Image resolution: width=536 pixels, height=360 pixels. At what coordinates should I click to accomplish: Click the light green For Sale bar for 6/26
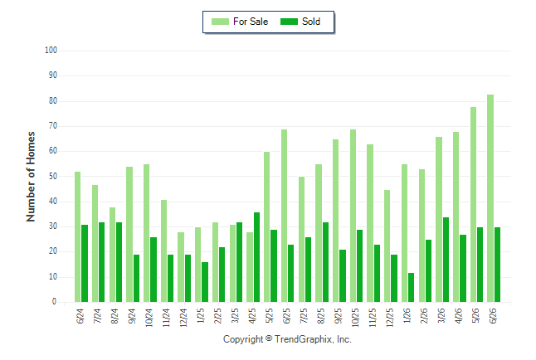tap(490, 198)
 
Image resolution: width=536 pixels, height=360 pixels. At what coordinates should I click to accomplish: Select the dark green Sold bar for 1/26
tap(411, 287)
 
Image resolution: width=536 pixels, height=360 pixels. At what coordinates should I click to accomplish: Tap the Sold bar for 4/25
tap(256, 257)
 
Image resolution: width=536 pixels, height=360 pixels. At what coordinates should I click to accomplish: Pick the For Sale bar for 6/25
tap(284, 216)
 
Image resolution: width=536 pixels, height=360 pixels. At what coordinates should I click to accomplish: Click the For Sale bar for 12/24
tap(181, 267)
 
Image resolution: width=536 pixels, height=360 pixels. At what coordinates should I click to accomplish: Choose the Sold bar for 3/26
tap(446, 260)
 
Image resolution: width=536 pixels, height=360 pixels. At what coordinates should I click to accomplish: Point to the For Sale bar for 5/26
tap(473, 204)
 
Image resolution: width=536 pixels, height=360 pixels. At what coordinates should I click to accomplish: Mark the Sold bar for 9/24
tap(136, 278)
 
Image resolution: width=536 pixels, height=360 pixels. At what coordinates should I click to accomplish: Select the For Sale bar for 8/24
tap(112, 255)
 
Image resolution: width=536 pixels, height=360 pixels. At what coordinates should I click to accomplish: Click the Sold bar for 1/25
tap(205, 282)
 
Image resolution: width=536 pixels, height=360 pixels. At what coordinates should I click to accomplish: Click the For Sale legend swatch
tap(220, 22)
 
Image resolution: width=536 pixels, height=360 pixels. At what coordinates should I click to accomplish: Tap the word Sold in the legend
tap(311, 22)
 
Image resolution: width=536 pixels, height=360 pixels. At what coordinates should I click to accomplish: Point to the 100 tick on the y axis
tap(51, 51)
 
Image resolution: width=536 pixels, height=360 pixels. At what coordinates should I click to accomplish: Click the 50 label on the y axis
tap(53, 176)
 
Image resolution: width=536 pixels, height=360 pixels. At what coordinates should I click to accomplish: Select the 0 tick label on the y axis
tap(55, 302)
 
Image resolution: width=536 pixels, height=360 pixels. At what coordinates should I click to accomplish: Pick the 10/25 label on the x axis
tap(355, 318)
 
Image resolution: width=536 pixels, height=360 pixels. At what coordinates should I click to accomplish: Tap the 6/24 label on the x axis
tap(80, 316)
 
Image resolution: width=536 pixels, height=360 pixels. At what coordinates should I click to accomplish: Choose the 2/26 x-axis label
tap(424, 316)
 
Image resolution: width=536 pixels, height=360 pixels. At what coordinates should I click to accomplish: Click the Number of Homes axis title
tap(31, 177)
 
